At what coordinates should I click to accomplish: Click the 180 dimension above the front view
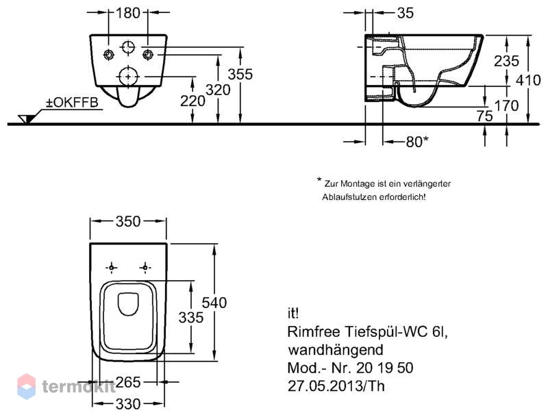click(128, 13)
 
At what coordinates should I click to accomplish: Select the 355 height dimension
click(240, 74)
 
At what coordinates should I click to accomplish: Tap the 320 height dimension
click(218, 90)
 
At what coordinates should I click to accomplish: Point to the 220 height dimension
click(192, 101)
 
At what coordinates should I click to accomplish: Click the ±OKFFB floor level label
click(73, 103)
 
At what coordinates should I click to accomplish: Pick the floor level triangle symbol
click(27, 118)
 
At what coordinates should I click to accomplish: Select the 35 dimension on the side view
click(406, 13)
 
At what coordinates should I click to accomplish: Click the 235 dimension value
click(506, 61)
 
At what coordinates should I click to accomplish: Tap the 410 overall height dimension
click(529, 80)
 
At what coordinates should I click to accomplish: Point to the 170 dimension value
click(506, 105)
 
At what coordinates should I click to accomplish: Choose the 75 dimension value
click(485, 116)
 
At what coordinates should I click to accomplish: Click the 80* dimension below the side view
click(417, 142)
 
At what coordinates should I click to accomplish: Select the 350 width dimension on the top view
click(128, 221)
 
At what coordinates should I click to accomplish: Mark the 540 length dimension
click(214, 303)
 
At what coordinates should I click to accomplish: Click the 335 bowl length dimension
click(191, 318)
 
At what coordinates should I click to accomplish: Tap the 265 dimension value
click(128, 383)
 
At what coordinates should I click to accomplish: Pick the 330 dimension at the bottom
click(128, 405)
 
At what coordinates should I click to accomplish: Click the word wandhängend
click(336, 350)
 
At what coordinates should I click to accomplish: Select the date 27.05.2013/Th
click(336, 386)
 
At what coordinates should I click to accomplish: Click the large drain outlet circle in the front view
click(128, 77)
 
